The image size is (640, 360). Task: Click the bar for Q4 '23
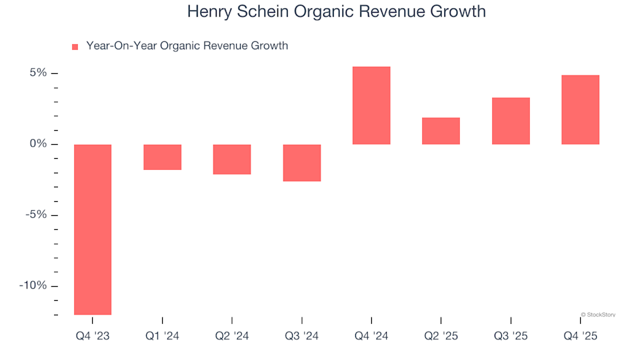coord(93,229)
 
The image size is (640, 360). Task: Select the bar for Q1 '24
coord(163,157)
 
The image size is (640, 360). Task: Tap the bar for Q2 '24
coord(232,159)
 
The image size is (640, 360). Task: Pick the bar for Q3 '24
coord(302,163)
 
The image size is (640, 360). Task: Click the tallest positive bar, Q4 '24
coord(371,105)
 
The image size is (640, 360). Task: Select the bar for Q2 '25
coord(441,131)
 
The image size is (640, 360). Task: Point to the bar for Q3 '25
coord(511,121)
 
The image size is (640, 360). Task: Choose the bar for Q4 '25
coord(580,109)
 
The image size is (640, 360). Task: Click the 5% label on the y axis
coord(37,73)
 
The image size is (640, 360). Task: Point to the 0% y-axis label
coord(37,144)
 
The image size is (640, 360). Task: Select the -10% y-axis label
coord(33,285)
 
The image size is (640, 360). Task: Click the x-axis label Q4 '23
coord(93,337)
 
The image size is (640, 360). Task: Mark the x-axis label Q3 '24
coord(302,337)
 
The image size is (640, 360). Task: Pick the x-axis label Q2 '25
coord(441,337)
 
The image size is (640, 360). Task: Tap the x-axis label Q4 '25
coord(580,337)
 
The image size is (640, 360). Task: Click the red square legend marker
coord(75,47)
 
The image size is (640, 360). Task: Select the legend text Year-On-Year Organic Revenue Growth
coord(187,46)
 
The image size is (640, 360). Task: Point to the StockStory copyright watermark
coord(598,315)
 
